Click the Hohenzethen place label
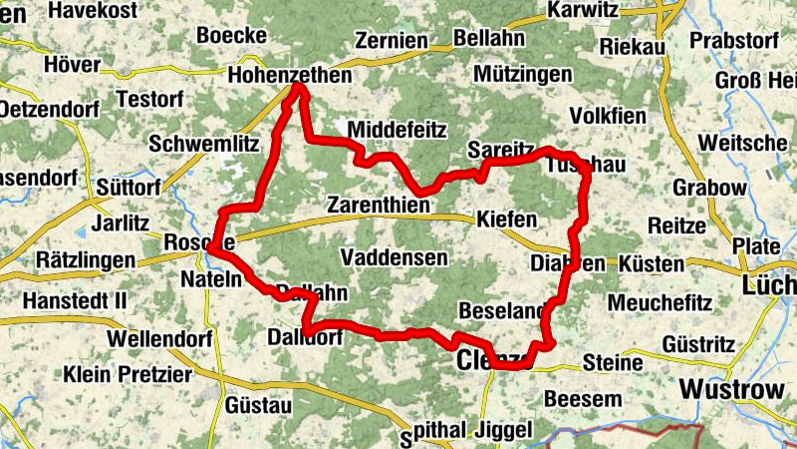coord(289,75)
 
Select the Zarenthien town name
coord(379,206)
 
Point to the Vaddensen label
coord(394,257)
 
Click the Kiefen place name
coord(507,219)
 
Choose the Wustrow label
coord(730,388)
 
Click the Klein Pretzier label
coord(127,375)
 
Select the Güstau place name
coord(258,406)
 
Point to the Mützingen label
coord(523,75)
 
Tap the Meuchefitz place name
coord(656,300)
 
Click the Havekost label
coord(97,10)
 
